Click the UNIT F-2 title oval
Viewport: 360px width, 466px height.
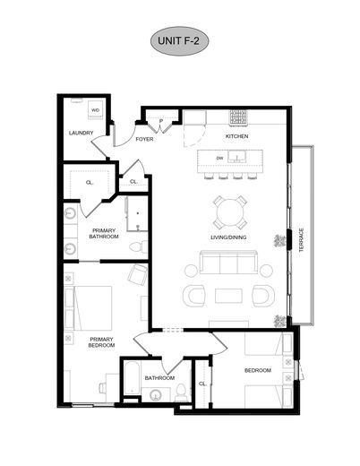(179, 41)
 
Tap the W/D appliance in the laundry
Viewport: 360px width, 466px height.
(96, 112)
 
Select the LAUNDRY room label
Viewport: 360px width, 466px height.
(81, 134)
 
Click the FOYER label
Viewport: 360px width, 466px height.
(144, 140)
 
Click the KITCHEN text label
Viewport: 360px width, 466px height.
(236, 136)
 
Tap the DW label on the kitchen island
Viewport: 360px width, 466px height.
(219, 159)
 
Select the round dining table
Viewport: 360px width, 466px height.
(230, 213)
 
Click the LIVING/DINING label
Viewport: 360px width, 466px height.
(229, 237)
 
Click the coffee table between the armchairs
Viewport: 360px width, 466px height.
(228, 296)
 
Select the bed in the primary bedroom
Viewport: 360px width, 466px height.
(91, 307)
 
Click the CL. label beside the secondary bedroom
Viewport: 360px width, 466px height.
(202, 383)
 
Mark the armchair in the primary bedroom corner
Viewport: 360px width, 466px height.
(137, 275)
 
